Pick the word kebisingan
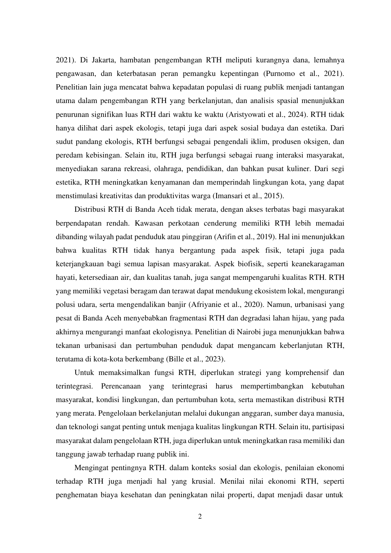pyautogui.click(x=104, y=155)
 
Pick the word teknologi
pyautogui.click(x=79, y=427)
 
